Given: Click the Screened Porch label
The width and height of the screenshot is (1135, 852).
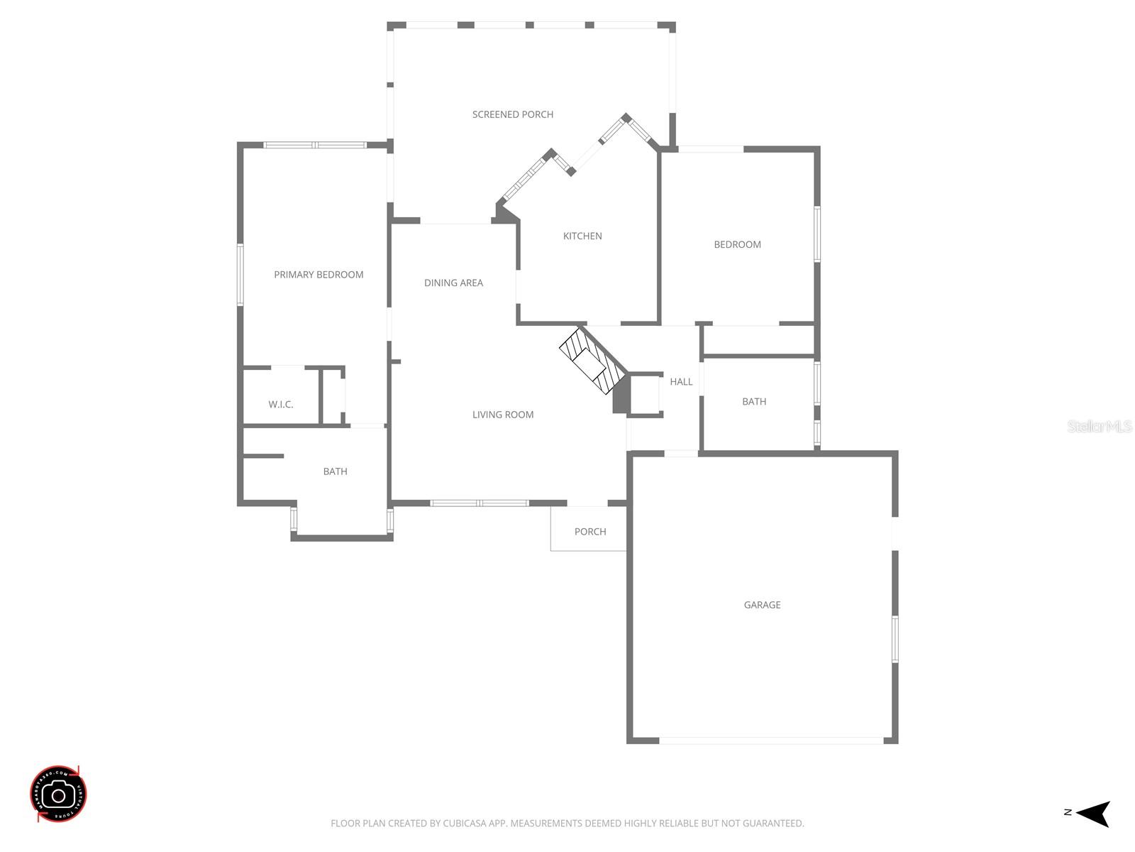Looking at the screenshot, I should click(513, 114).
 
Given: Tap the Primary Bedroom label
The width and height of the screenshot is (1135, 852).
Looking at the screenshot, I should click(319, 275).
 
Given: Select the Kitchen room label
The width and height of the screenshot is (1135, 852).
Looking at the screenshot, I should click(582, 236).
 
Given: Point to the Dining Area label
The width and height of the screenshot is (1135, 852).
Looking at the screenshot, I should click(453, 283).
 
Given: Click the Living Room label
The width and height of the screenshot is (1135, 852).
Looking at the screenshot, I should click(503, 415).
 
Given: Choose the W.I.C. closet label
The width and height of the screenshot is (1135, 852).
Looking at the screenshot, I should click(281, 405).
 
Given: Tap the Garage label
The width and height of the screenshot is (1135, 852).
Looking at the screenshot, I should click(762, 605).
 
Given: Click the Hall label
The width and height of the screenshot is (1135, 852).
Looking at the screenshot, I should click(681, 382).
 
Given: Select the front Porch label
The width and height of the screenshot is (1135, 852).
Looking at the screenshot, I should click(590, 532).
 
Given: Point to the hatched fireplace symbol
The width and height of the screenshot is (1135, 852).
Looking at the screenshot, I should click(592, 361).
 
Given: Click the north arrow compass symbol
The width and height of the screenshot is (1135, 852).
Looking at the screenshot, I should click(1092, 813).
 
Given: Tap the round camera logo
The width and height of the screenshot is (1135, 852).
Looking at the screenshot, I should click(59, 794).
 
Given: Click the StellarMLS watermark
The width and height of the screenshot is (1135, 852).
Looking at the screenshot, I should click(1100, 426).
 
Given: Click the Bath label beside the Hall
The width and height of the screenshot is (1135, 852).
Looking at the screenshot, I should click(754, 402).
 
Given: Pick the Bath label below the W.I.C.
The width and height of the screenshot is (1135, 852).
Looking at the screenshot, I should click(335, 471).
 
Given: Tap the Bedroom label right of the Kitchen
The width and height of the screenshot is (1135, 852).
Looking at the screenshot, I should click(737, 244).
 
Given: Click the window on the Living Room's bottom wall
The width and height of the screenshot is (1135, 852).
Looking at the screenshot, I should click(480, 503).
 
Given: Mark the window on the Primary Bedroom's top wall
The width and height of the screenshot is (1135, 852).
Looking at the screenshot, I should click(315, 145).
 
